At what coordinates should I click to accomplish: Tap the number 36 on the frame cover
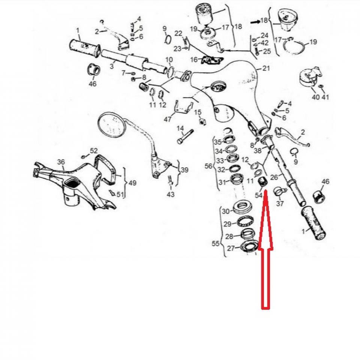pos(61,162)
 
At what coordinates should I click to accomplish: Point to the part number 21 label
pos(266,68)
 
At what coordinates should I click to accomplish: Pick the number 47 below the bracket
pos(168,119)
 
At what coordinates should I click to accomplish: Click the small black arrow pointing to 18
pos(255,22)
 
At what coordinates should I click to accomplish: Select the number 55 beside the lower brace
pos(215,243)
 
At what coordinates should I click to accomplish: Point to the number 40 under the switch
pos(316,97)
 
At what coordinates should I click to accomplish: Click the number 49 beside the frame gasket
pos(132,183)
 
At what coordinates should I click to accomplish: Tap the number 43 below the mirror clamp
pos(171,195)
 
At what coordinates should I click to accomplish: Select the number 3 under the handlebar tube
pos(111,66)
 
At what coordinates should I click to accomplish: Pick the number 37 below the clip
pos(280,204)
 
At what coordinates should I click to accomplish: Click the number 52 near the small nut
pos(94,150)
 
